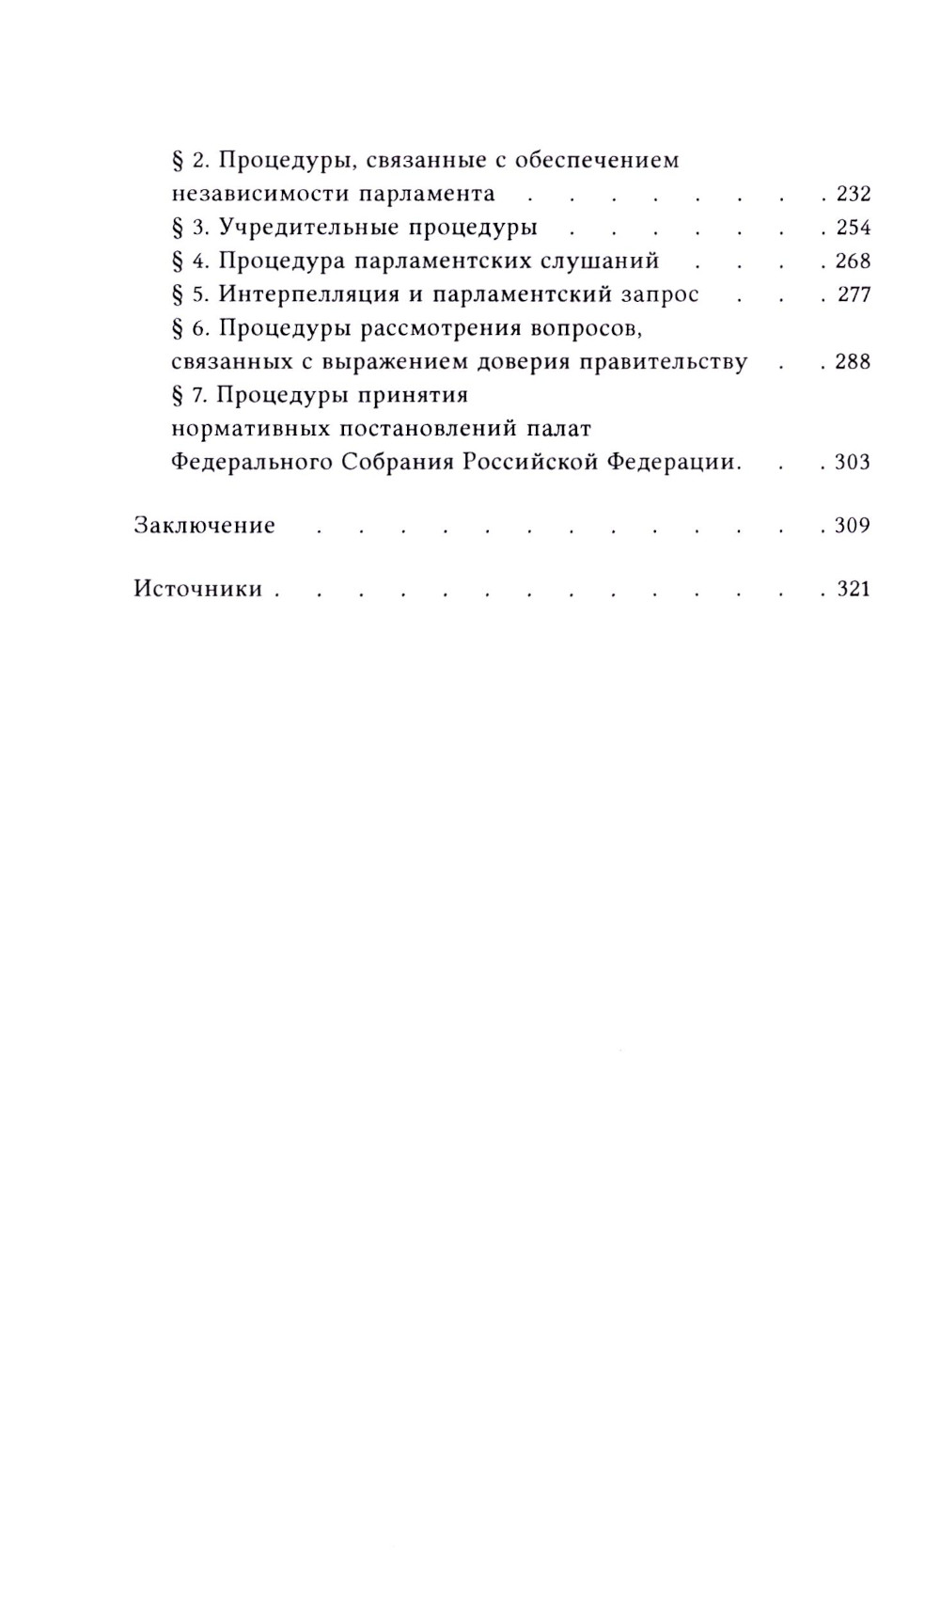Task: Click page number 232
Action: pyautogui.click(x=854, y=195)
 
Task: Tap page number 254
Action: pyautogui.click(x=854, y=228)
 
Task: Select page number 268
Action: pyautogui.click(x=854, y=261)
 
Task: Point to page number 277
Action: pyautogui.click(x=854, y=295)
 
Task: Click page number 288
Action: pyautogui.click(x=854, y=362)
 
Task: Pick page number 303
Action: pyautogui.click(x=854, y=463)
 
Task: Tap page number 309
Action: pyautogui.click(x=854, y=526)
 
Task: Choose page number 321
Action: pyautogui.click(x=854, y=590)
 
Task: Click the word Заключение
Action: pyautogui.click(x=205, y=526)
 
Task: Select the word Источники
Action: pyautogui.click(x=198, y=590)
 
